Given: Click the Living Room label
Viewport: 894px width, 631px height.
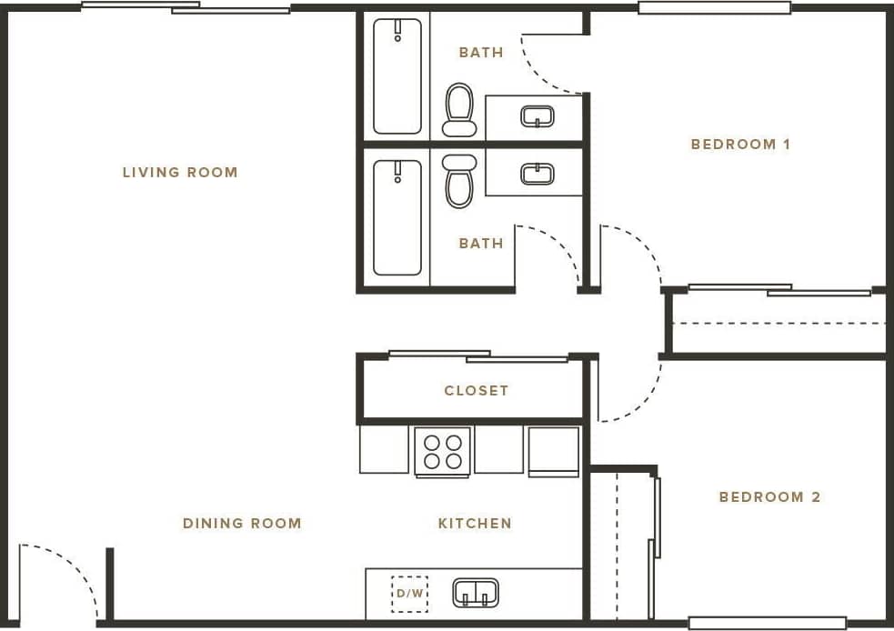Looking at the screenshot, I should pos(180,172).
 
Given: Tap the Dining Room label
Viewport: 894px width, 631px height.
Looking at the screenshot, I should pos(242,523).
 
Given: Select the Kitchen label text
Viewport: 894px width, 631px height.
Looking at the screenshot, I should pos(475,523).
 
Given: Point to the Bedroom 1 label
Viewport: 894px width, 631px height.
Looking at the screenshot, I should pos(740,144).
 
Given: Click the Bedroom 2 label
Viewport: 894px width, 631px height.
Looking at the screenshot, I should pos(769,496).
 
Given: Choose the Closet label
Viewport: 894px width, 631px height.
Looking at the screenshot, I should pos(476,390).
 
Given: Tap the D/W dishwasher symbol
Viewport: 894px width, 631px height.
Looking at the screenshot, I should pos(409,594).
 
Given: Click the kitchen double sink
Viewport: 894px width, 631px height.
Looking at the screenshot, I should pos(476,593).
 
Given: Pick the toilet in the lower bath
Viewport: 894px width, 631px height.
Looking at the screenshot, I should pos(459,180).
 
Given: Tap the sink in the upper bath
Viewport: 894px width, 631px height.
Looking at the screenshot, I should pos(537,116).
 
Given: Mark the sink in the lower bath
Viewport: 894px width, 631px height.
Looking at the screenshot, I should pos(537,173).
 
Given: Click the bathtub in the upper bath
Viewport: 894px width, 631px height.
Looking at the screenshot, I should pos(397,76).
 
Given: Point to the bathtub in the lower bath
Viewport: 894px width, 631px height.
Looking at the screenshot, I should pos(397,217).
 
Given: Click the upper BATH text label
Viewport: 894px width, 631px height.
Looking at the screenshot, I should pos(481,52).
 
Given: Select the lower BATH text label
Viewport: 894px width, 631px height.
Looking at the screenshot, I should pos(481,243).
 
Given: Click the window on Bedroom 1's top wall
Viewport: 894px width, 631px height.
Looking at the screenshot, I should pos(714,8).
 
